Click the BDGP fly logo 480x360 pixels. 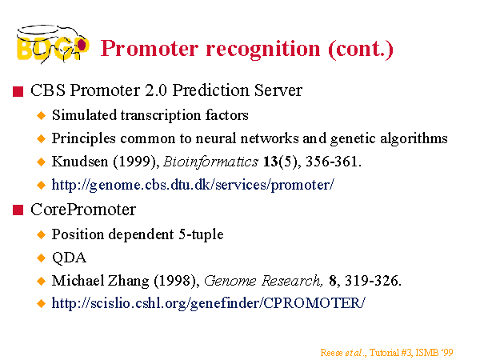point(53,44)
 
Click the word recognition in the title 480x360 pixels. point(263,49)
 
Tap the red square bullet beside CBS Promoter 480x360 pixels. point(18,91)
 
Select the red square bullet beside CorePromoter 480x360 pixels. point(18,210)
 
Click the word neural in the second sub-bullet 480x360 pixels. point(215,138)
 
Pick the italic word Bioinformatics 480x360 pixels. point(211,162)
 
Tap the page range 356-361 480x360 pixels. point(334,162)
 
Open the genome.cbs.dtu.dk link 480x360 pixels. point(193,185)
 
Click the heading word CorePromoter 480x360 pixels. point(83,210)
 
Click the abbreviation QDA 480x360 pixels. point(69,258)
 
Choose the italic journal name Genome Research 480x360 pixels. point(263,281)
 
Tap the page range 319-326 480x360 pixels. point(373,281)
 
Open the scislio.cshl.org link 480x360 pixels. point(209,303)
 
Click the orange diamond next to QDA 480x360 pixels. point(41,258)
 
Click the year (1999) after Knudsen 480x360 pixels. point(136,162)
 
